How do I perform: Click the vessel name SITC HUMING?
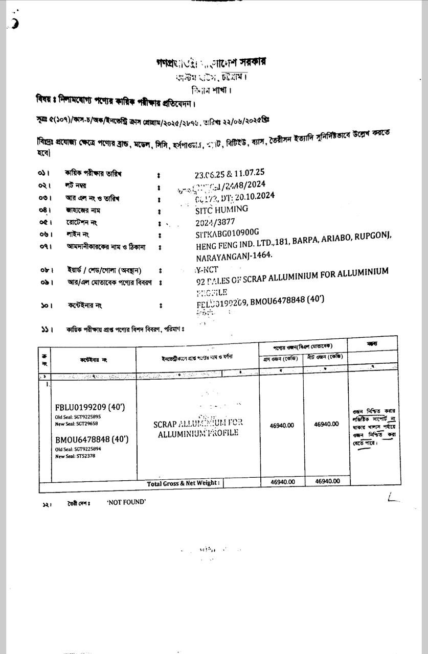(x=222, y=209)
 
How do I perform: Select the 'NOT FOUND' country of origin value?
(x=126, y=502)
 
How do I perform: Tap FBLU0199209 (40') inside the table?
(x=90, y=407)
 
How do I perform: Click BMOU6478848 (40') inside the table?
(x=92, y=439)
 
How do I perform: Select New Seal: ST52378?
(x=75, y=456)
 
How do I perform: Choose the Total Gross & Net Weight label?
(x=183, y=483)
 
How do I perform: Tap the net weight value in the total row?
(x=327, y=481)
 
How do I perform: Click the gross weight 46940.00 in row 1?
(x=282, y=425)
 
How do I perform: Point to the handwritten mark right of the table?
(x=393, y=497)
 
